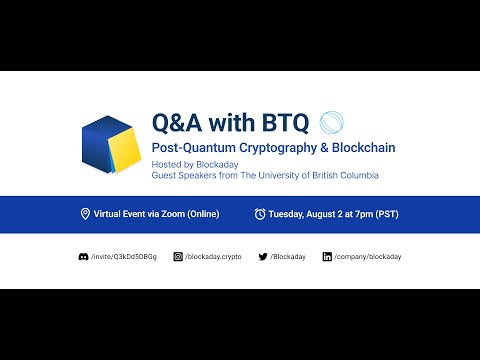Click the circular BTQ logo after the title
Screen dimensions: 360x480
(x=331, y=122)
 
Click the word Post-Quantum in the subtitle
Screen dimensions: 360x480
(x=190, y=148)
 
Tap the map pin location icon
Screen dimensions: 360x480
(x=86, y=214)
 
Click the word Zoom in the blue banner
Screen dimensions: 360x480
(x=169, y=214)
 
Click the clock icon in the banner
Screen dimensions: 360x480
(x=260, y=214)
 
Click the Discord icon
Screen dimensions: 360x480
(x=83, y=257)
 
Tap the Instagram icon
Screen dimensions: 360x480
(x=178, y=257)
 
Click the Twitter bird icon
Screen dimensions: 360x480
(x=261, y=257)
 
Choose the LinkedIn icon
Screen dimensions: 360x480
(x=327, y=257)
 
